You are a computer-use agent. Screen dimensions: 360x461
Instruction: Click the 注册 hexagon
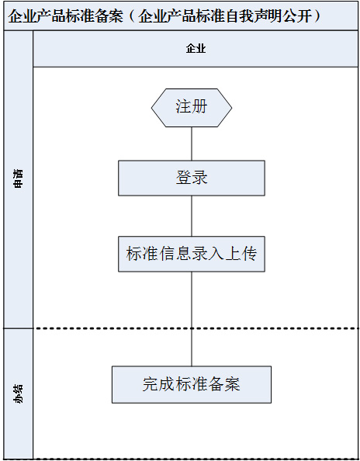[x=192, y=108]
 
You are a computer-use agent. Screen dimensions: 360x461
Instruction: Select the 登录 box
[x=192, y=178]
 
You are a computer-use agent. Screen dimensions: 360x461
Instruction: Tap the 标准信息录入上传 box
[x=192, y=254]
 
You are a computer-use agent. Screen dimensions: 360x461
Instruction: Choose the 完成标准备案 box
[x=192, y=384]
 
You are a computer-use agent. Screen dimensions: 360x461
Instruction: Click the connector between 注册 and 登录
[x=192, y=144]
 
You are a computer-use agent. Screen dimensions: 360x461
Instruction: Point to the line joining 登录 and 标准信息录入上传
[x=192, y=216]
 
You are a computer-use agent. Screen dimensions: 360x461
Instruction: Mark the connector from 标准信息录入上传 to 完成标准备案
[x=192, y=319]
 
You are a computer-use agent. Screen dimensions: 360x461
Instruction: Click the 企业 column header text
[x=196, y=49]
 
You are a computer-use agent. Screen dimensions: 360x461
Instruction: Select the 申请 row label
[x=18, y=179]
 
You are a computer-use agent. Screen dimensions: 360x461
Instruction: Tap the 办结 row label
[x=18, y=393]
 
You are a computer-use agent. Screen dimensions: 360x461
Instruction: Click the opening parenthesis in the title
[x=132, y=16]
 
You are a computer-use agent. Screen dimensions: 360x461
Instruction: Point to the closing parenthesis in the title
[x=317, y=16]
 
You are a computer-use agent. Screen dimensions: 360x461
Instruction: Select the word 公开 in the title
[x=298, y=16]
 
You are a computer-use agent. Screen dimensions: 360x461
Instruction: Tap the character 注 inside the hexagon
[x=183, y=106]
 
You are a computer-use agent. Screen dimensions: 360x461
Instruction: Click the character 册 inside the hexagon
[x=200, y=106]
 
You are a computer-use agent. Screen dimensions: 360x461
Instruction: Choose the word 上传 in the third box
[x=241, y=254]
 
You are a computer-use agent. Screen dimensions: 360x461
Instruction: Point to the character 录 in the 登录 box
[x=200, y=178]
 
